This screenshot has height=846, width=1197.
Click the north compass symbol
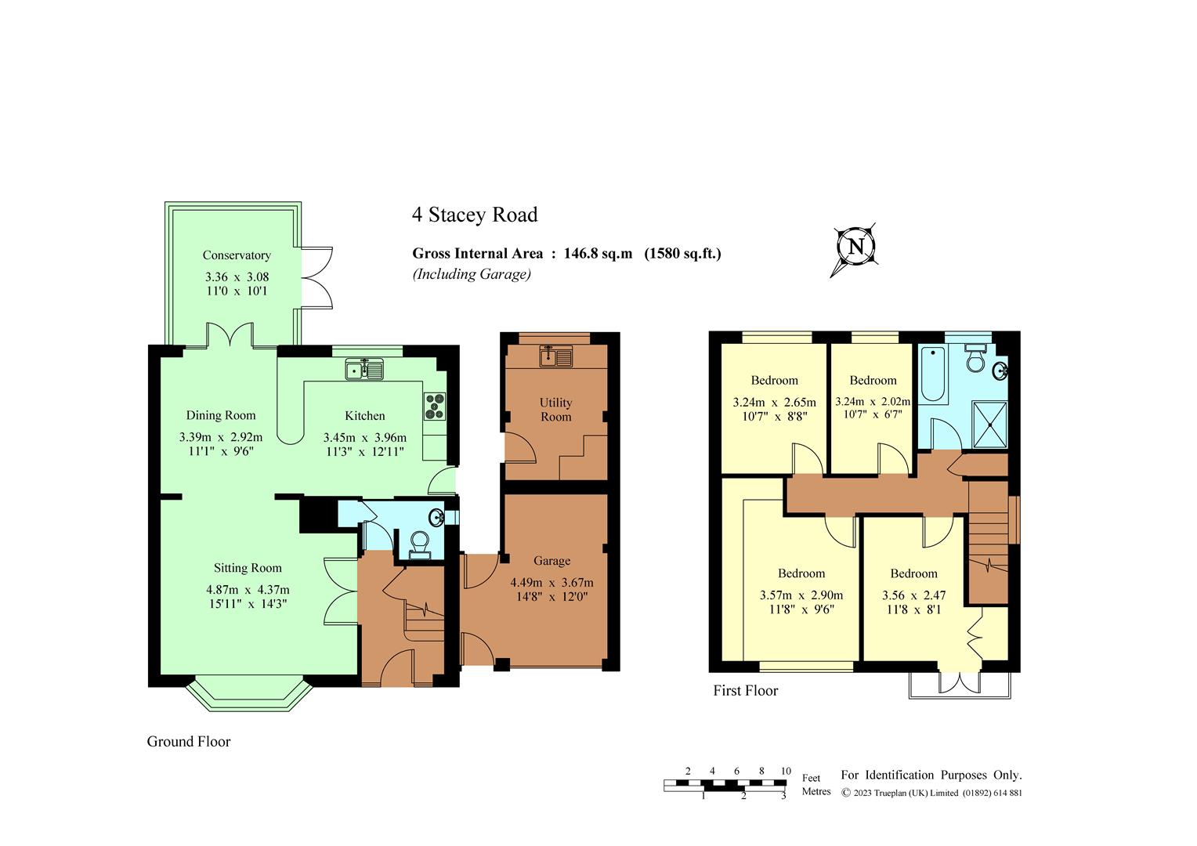tap(855, 248)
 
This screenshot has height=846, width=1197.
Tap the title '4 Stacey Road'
tap(475, 215)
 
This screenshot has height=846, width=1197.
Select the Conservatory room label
tap(237, 255)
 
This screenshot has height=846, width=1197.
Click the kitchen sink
tap(364, 369)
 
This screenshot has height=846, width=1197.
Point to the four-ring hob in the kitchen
tap(435, 407)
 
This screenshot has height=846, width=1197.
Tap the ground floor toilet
tap(419, 546)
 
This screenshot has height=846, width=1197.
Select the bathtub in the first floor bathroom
tap(933, 374)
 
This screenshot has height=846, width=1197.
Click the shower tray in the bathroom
tap(990, 424)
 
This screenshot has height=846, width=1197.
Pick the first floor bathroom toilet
tap(976, 359)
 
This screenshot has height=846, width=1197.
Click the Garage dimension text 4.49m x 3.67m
tap(551, 583)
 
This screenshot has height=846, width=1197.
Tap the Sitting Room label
tap(248, 568)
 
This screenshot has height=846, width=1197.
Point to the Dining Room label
tap(221, 415)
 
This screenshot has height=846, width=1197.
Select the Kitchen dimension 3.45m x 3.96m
tap(365, 438)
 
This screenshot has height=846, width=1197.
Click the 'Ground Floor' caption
tap(189, 742)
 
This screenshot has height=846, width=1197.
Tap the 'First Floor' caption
tap(746, 691)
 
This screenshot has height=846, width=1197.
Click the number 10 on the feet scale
tap(786, 771)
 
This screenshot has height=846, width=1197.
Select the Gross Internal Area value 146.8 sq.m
tap(598, 253)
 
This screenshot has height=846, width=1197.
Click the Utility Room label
tap(555, 410)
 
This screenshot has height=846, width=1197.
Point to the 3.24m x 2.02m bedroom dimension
tap(873, 401)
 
